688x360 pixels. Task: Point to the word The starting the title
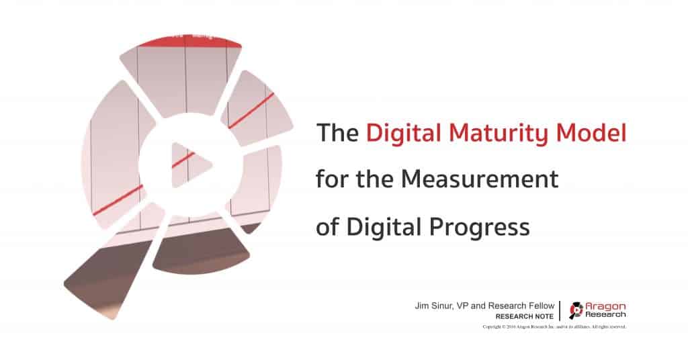tap(338, 133)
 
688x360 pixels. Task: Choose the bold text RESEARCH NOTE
tap(525, 316)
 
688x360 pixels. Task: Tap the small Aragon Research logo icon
tap(576, 310)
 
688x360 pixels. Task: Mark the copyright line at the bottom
tap(554, 327)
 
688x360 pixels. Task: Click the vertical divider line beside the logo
tap(560, 310)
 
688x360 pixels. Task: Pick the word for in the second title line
tap(331, 179)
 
